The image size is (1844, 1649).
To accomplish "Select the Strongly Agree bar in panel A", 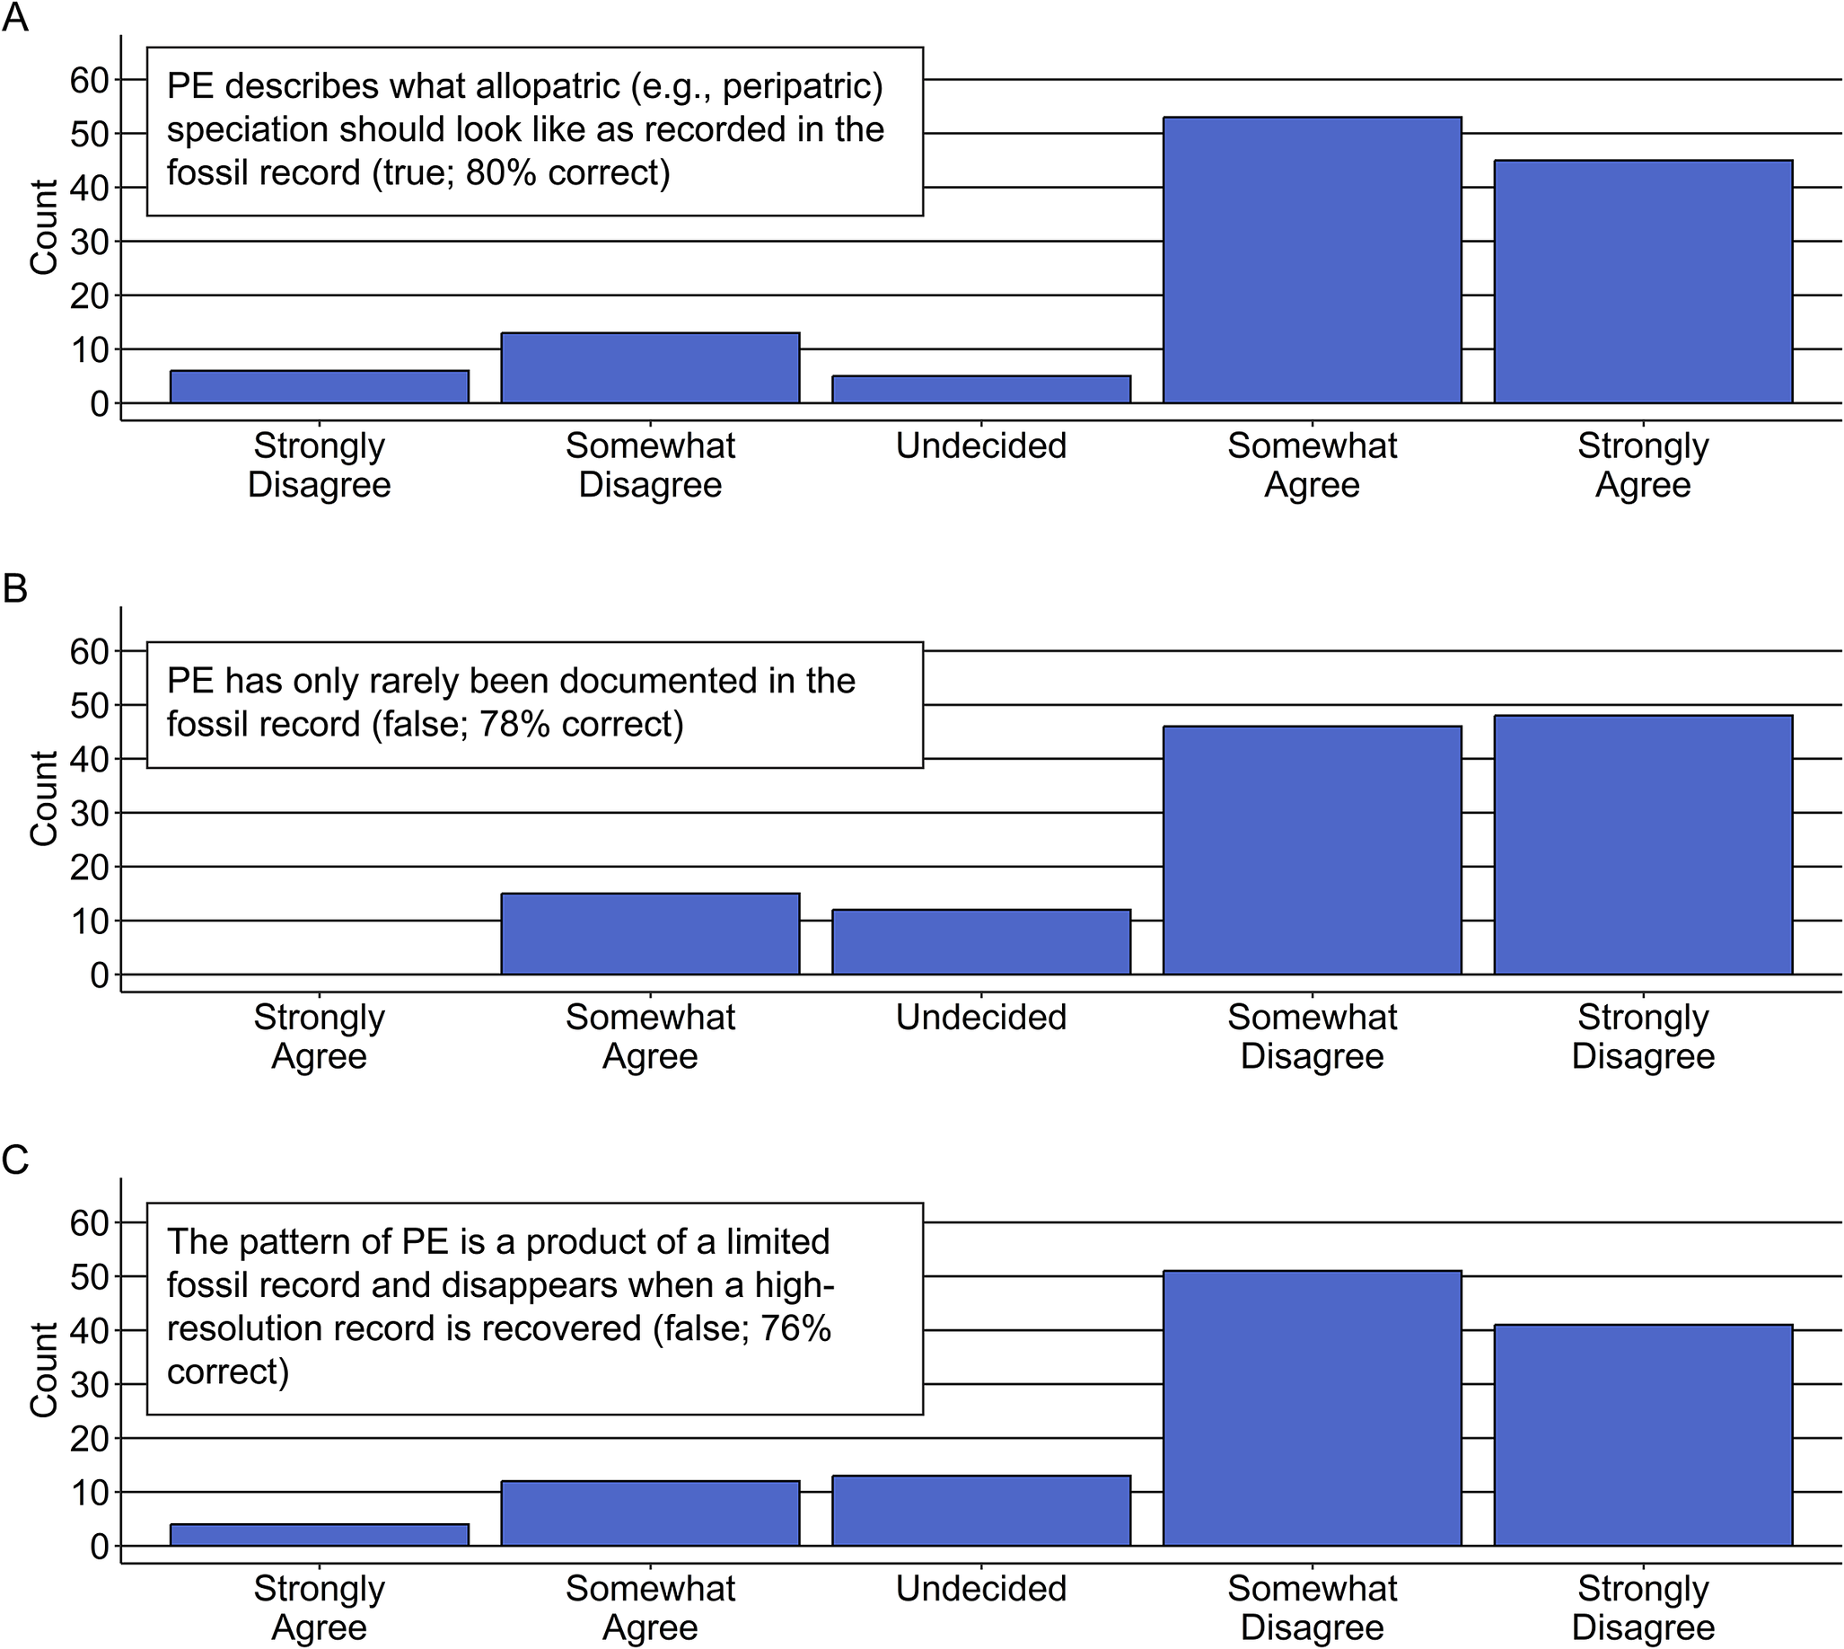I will pyautogui.click(x=1643, y=282).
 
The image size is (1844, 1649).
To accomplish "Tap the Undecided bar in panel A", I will pyautogui.click(x=981, y=390).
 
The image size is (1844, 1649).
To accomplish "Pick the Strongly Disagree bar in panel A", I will pyautogui.click(x=319, y=387).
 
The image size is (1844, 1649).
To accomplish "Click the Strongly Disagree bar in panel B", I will pyautogui.click(x=1643, y=844).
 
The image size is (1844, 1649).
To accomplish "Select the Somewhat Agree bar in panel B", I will pyautogui.click(x=650, y=934).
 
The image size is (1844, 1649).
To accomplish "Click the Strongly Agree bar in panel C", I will pyautogui.click(x=319, y=1535).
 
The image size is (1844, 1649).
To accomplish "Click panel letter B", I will pyautogui.click(x=15, y=589).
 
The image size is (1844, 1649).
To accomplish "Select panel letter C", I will pyautogui.click(x=15, y=1160).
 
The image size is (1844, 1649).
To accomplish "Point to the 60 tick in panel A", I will pyautogui.click(x=90, y=81).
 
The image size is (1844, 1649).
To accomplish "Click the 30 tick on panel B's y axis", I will pyautogui.click(x=90, y=814).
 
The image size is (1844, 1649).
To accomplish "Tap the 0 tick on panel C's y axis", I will pyautogui.click(x=99, y=1547).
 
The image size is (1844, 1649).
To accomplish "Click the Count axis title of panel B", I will pyautogui.click(x=43, y=798).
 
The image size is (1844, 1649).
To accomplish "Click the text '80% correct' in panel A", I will pyautogui.click(x=567, y=172).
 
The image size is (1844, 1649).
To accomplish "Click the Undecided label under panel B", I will pyautogui.click(x=981, y=1017).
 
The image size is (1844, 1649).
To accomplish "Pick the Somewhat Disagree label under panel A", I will pyautogui.click(x=650, y=465).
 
